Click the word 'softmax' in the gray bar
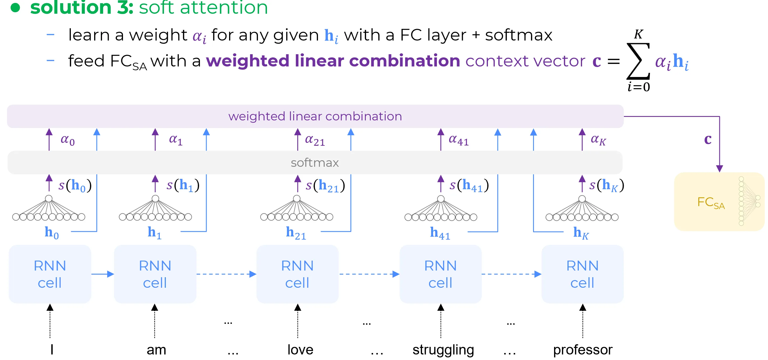[314, 163]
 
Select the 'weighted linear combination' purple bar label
[315, 116]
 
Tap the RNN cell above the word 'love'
[297, 274]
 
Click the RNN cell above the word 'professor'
[582, 274]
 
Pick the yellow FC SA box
[719, 202]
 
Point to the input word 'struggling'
[443, 350]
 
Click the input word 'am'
[156, 350]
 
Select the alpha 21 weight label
[314, 140]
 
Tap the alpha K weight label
[598, 140]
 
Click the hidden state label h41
[440, 233]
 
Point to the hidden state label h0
[52, 233]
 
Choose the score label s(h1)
[183, 185]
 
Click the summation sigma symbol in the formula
[638, 61]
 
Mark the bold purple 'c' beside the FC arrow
[708, 139]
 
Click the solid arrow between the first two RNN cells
[102, 274]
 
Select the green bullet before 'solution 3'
[15, 8]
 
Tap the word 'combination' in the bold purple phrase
[405, 61]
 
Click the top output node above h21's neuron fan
[297, 199]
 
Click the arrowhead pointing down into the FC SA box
[719, 169]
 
